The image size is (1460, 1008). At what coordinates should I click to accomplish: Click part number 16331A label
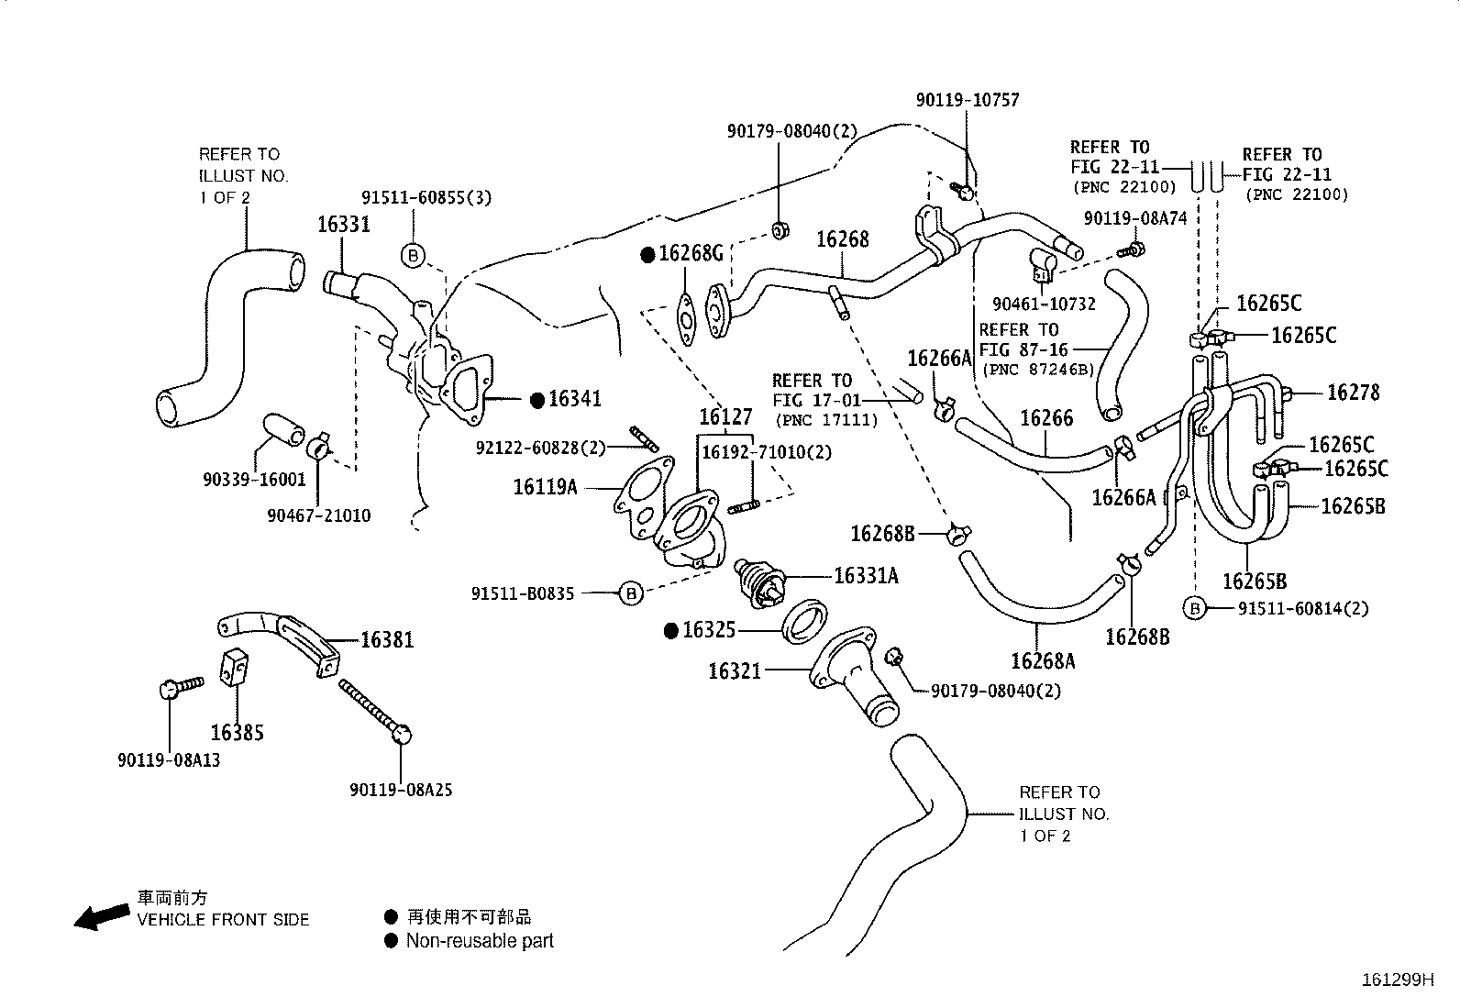866,575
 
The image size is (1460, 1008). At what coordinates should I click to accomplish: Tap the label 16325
710,630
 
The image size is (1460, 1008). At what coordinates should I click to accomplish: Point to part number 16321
735,671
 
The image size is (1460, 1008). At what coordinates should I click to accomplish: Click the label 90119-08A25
401,790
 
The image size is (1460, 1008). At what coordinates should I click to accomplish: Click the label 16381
386,639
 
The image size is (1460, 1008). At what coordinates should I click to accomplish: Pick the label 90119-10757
967,100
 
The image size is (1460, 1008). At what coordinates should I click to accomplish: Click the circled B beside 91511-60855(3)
413,255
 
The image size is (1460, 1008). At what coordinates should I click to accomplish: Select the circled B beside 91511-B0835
631,593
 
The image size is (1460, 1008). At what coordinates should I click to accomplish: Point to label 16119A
545,487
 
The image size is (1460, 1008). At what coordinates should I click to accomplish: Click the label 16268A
1043,660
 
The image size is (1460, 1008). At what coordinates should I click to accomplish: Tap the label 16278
1353,393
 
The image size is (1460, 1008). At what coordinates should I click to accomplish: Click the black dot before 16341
537,399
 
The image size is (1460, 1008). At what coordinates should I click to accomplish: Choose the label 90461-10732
1044,304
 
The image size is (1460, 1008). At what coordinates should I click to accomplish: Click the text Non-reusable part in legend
480,940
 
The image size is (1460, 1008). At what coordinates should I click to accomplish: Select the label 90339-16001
254,480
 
